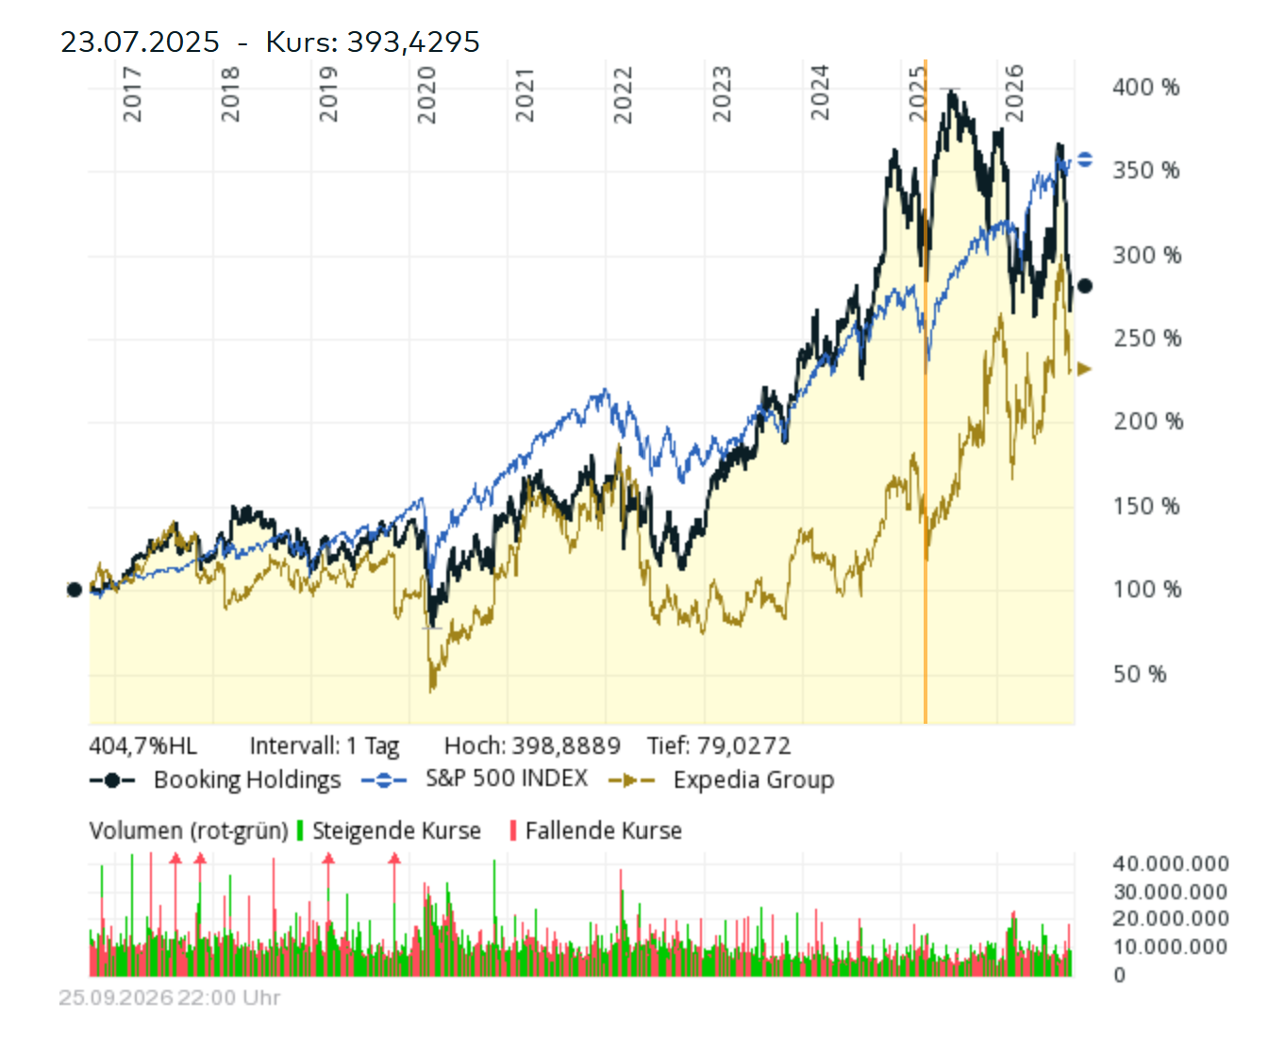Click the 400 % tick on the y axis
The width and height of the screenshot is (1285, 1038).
1145,88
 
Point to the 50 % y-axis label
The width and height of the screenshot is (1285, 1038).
1139,674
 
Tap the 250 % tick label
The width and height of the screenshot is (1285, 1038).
1147,339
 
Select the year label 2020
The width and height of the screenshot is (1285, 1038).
426,94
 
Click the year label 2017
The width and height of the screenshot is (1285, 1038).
131,94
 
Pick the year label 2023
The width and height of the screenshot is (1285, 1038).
722,94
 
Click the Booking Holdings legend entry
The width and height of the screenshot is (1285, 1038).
215,779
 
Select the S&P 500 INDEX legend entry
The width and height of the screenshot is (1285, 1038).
475,778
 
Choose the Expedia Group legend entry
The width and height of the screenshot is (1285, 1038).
722,779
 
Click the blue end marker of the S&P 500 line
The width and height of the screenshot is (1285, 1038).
1085,159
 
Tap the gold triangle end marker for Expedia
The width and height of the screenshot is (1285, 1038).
1084,369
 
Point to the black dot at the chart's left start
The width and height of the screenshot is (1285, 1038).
75,590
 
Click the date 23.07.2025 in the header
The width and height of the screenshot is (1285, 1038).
140,42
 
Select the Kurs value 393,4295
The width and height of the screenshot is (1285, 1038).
413,42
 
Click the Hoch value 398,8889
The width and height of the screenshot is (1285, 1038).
566,745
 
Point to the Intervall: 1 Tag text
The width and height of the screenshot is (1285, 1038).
325,746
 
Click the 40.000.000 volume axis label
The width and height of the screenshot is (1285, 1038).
1171,863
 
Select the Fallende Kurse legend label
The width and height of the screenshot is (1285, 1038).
603,830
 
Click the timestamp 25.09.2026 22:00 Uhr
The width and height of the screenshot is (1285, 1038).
170,997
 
